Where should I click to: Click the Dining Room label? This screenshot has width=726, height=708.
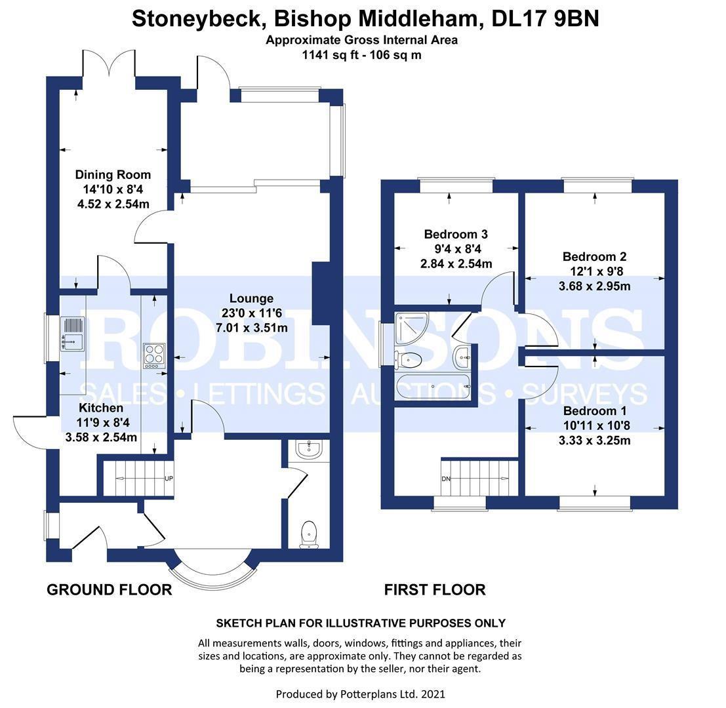coord(113,174)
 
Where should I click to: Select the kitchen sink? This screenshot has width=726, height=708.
coord(72,332)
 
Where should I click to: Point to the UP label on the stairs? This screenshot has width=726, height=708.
coord(169,479)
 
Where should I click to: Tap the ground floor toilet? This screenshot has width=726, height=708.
coord(308,534)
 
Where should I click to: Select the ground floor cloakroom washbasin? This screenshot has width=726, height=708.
coord(308,450)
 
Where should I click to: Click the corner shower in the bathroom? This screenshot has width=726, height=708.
coord(412,326)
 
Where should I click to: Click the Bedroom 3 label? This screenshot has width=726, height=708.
coord(456,234)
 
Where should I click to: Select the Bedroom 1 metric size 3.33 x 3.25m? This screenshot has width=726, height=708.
coord(595,441)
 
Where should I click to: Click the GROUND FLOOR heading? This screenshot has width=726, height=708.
coord(109,590)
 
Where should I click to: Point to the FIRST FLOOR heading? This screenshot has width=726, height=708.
coord(435,590)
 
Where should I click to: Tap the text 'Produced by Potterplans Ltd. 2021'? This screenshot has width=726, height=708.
coord(360,694)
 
